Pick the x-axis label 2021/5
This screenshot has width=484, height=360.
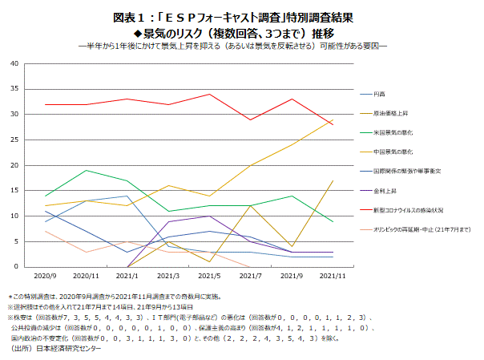click(209, 275)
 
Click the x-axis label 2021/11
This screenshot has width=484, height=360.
click(333, 275)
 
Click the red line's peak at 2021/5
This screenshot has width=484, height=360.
click(209, 95)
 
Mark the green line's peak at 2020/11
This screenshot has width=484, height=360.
click(86, 171)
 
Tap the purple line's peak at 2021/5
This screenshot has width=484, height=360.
click(209, 216)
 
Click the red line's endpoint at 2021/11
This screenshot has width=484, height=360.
click(333, 125)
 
